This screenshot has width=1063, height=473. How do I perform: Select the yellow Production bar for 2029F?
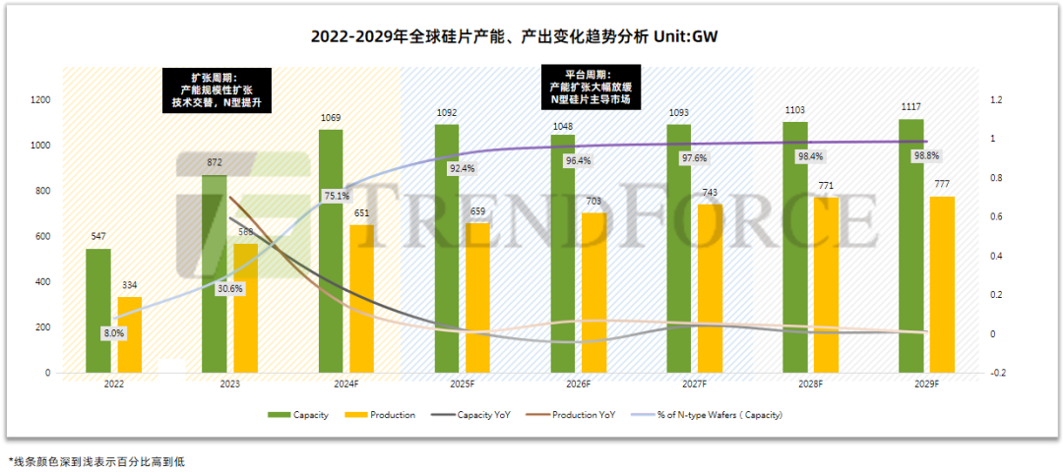tap(942, 285)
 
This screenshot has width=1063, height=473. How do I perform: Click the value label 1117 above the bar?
tap(911, 107)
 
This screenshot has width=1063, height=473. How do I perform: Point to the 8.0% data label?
tap(114, 333)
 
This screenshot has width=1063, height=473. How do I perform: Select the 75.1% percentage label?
tap(337, 196)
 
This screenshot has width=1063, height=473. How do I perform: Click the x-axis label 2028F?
tap(809, 384)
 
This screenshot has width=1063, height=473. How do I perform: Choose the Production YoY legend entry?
tap(581, 415)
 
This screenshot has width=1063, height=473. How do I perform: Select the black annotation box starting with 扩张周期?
tap(215, 89)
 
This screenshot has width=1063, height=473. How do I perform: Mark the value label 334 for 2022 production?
tap(129, 286)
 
